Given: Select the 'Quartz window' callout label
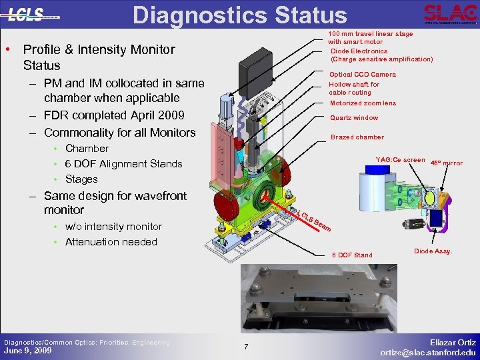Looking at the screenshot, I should point(354,118).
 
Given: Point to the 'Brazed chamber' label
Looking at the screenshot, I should point(357,137).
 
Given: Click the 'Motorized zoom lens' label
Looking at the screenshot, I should point(363,103).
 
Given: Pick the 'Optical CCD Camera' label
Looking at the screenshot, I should point(362,75).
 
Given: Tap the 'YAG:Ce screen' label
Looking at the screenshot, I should point(400,160).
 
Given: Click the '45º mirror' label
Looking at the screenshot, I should point(447,163).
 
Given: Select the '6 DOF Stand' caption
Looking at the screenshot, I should point(352,255).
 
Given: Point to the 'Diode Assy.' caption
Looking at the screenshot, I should point(433,251).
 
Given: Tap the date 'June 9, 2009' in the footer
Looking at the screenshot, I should point(27,351).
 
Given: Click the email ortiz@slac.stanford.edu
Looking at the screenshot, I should point(428,352).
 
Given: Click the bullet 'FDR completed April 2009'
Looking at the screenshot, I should point(113,116).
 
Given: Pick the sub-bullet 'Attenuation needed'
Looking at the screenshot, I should point(111,242).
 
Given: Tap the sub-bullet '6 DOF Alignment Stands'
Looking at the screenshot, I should point(123,164).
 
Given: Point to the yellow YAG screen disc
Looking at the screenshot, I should point(431,198).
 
